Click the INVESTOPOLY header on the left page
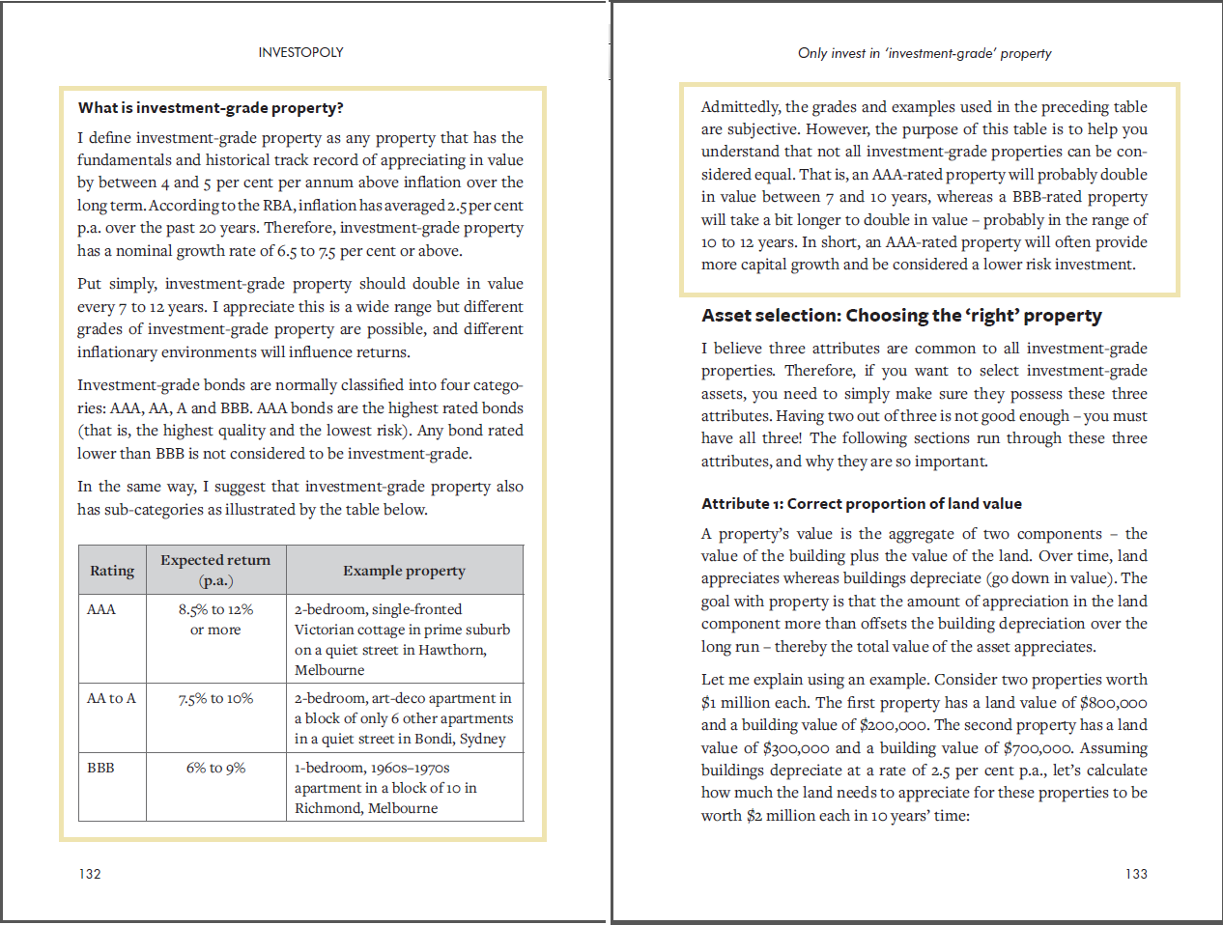tap(300, 52)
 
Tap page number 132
tap(90, 874)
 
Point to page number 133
tap(1136, 874)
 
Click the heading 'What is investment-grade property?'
tap(211, 108)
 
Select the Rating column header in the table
tap(112, 571)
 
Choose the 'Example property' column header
tap(404, 571)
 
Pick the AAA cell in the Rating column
tap(101, 609)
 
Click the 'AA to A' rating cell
tap(111, 698)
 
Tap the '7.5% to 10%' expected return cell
tap(215, 698)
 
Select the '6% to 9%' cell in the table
tap(215, 768)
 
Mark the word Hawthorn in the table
tap(451, 650)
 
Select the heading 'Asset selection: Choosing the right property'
tap(901, 316)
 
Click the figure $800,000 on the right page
tap(1113, 703)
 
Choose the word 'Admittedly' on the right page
tap(739, 107)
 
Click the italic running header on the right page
tap(924, 53)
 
